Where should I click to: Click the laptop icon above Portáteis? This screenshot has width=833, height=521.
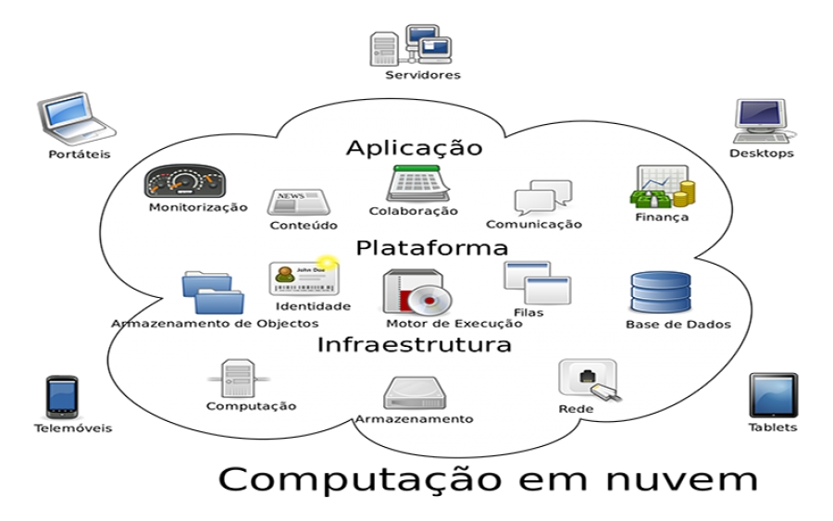pyautogui.click(x=77, y=119)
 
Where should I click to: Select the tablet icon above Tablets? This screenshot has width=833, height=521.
pyautogui.click(x=773, y=395)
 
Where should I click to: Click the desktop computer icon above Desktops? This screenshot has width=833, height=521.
pyautogui.click(x=762, y=121)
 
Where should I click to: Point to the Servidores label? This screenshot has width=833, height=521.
pyautogui.click(x=423, y=75)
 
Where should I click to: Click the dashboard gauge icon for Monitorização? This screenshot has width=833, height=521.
pyautogui.click(x=185, y=181)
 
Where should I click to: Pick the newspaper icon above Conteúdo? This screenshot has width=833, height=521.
pyautogui.click(x=299, y=203)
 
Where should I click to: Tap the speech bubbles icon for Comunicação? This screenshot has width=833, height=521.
pyautogui.click(x=543, y=197)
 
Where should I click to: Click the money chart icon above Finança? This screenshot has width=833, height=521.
pyautogui.click(x=663, y=186)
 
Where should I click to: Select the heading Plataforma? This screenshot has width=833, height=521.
pyautogui.click(x=432, y=248)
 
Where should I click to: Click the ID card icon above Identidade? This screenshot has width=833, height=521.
pyautogui.click(x=304, y=278)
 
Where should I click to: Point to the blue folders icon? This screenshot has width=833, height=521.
pyautogui.click(x=213, y=292)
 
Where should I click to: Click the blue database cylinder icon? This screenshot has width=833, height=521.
pyautogui.click(x=661, y=292)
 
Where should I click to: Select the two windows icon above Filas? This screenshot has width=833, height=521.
pyautogui.click(x=537, y=282)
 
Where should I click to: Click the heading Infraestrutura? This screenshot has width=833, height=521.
pyautogui.click(x=415, y=344)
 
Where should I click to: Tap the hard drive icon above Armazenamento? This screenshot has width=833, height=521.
pyautogui.click(x=415, y=393)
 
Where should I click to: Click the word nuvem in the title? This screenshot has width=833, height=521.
pyautogui.click(x=681, y=479)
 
